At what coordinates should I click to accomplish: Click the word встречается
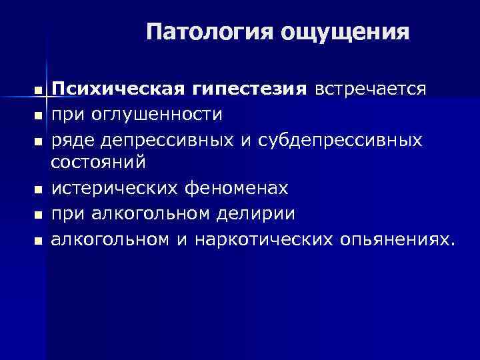pos(371,89)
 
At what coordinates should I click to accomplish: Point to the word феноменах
pos(238,189)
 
